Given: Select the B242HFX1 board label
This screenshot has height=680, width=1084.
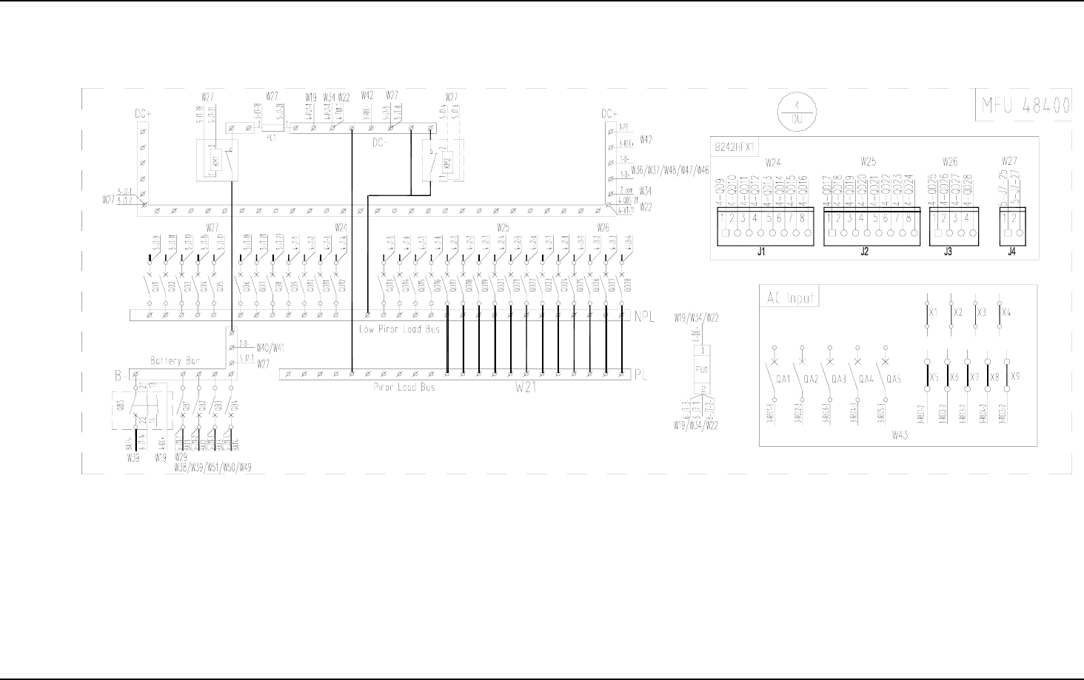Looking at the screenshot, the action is pyautogui.click(x=734, y=147).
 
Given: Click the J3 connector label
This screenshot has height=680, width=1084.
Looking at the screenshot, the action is pyautogui.click(x=948, y=252).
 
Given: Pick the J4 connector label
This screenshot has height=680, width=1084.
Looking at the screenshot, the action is pyautogui.click(x=1011, y=252).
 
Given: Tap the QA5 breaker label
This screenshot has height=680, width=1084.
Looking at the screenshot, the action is pyautogui.click(x=894, y=379).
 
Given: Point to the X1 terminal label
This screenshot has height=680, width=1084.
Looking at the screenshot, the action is pyautogui.click(x=934, y=312).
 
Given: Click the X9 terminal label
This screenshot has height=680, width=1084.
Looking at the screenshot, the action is pyautogui.click(x=1015, y=376).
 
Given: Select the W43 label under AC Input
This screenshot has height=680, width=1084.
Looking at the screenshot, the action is pyautogui.click(x=899, y=434).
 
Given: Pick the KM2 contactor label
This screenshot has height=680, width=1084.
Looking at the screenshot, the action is pyautogui.click(x=446, y=164).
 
